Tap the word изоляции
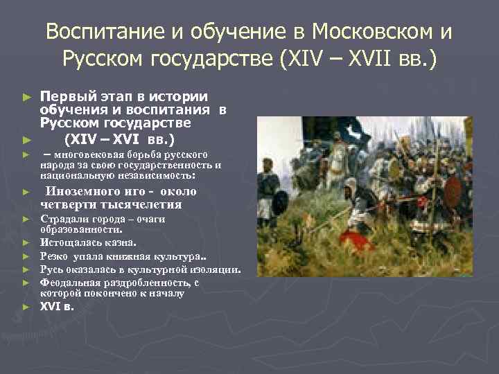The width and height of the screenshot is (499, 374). click(216, 269)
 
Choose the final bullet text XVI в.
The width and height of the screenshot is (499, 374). click(56, 306)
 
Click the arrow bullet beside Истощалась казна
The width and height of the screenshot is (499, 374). click(26, 243)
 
